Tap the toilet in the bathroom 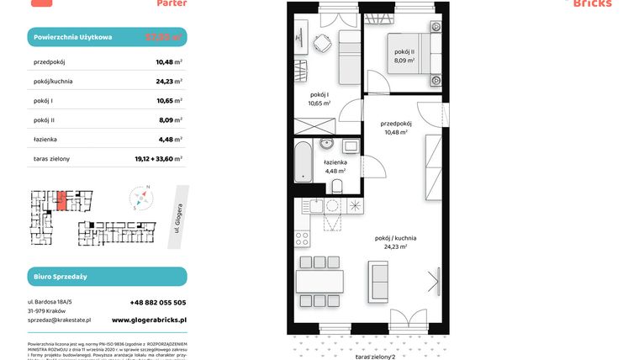(337, 185)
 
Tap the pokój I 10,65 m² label (320, 99)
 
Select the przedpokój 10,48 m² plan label (394, 127)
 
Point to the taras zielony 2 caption (375, 356)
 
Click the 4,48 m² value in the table (169, 140)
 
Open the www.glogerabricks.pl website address (149, 320)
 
